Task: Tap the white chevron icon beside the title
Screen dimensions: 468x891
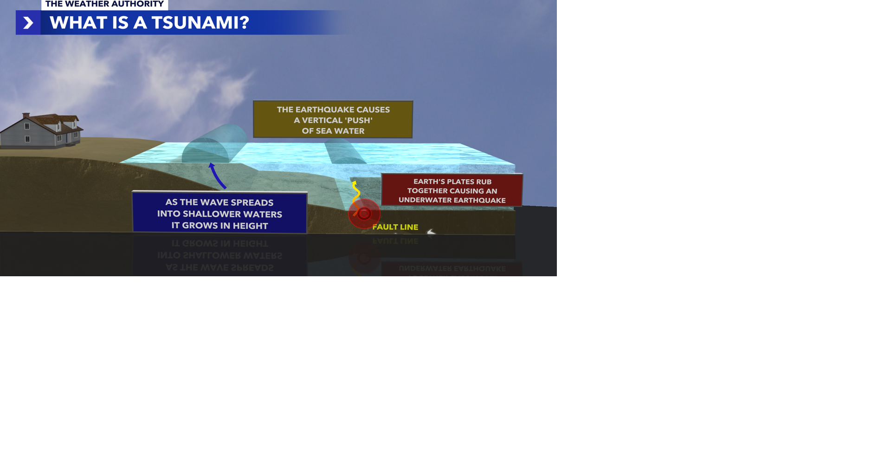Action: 28,23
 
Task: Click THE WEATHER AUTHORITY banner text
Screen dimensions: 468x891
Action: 104,4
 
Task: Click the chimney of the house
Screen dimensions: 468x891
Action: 26,115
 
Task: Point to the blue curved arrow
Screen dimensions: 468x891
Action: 217,175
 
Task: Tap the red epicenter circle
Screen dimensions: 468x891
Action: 364,214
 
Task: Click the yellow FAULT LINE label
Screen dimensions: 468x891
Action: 395,227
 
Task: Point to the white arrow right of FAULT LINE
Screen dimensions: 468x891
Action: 431,232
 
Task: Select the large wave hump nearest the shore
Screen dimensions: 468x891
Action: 213,144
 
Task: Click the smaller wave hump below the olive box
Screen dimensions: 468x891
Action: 345,152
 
